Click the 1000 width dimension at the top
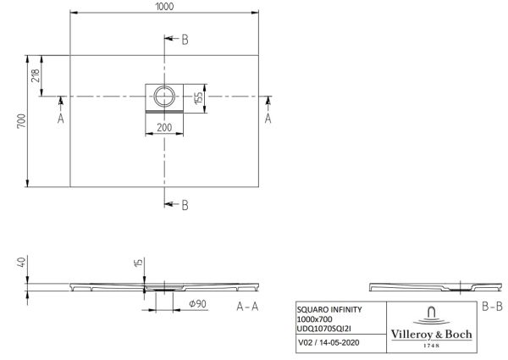click(x=164, y=6)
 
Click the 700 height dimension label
click(x=21, y=121)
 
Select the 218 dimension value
click(x=36, y=75)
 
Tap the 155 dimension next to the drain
click(x=199, y=98)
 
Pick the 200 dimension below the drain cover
click(x=164, y=127)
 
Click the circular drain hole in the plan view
click(x=164, y=97)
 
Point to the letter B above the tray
click(x=185, y=40)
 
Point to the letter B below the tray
click(x=185, y=205)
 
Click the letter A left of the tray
click(x=61, y=119)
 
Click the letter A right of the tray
click(x=268, y=119)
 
